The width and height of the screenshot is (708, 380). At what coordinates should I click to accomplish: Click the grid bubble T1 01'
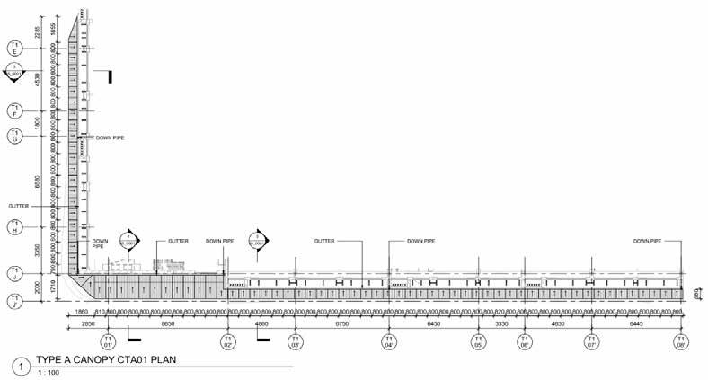pyautogui.click(x=109, y=341)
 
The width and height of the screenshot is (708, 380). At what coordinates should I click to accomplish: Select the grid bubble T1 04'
pyautogui.click(x=389, y=341)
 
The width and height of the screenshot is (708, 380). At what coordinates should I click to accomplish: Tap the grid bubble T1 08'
pyautogui.click(x=681, y=341)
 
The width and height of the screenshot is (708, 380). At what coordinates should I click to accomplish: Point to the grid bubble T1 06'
pyautogui.click(x=524, y=341)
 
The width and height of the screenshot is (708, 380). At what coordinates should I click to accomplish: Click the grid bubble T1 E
pyautogui.click(x=15, y=48)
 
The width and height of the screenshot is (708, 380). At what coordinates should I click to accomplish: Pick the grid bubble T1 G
pyautogui.click(x=15, y=137)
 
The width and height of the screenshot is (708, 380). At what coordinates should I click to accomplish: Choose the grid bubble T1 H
pyautogui.click(x=15, y=228)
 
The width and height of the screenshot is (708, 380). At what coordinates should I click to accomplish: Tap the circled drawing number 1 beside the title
pyautogui.click(x=17, y=367)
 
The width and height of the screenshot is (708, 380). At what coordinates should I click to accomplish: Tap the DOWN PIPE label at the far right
pyautogui.click(x=647, y=241)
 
